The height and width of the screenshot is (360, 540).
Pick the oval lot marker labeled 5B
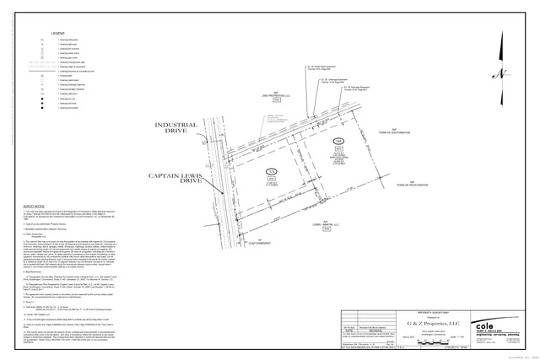click(338, 140)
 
